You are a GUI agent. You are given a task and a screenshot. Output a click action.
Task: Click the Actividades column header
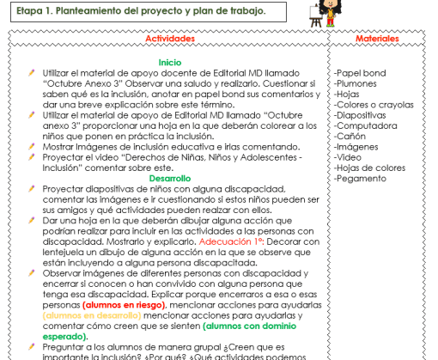click(x=170, y=40)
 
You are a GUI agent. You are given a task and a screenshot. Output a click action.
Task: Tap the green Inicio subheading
click(x=170, y=63)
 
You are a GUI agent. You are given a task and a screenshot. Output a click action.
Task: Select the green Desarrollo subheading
click(x=170, y=179)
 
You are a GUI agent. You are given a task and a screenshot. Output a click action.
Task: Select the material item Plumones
click(x=356, y=84)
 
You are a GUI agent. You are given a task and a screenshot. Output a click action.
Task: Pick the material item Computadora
click(x=362, y=125)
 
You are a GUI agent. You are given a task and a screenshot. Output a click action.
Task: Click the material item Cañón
click(x=350, y=136)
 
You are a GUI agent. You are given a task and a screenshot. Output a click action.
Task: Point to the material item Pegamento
click(x=360, y=178)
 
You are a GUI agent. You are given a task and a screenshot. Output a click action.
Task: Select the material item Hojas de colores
click(x=370, y=168)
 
